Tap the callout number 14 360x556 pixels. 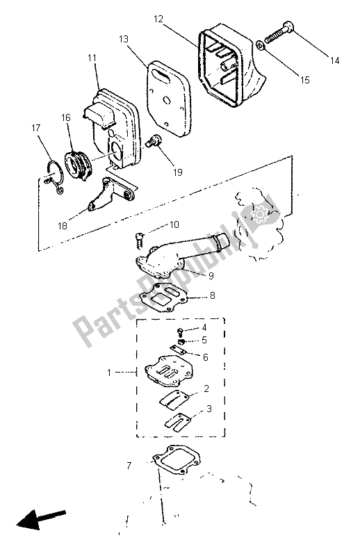click(x=335, y=61)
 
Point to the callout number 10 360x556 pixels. click(x=174, y=225)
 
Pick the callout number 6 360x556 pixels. click(x=204, y=357)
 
